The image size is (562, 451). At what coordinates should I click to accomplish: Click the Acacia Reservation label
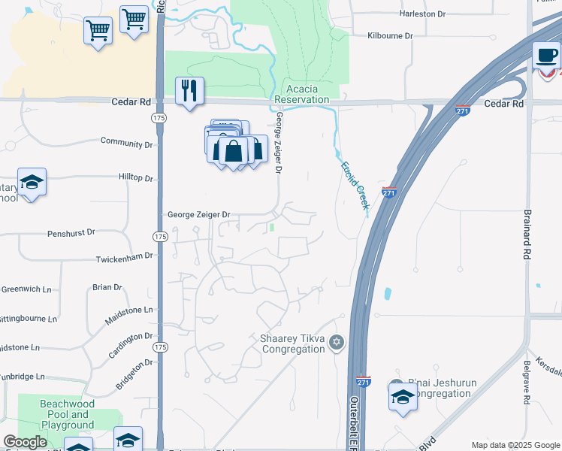point(302,93)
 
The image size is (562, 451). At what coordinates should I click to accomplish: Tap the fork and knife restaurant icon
point(189,91)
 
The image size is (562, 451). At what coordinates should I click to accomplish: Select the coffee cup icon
point(547,55)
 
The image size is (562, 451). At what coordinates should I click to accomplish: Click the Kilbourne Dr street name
point(391,35)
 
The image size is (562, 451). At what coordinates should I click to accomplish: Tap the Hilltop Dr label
point(135,178)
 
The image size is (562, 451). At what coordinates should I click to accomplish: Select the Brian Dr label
point(107,287)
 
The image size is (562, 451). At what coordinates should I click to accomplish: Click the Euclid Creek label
point(355,185)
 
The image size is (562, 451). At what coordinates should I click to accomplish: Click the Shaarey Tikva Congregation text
point(292,344)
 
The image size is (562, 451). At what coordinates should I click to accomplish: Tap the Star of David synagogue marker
point(337,343)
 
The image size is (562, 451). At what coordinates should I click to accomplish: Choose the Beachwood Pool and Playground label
point(68,414)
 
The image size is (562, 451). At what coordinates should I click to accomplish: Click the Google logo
point(25,442)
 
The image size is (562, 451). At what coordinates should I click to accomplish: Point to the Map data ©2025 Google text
point(515,445)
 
